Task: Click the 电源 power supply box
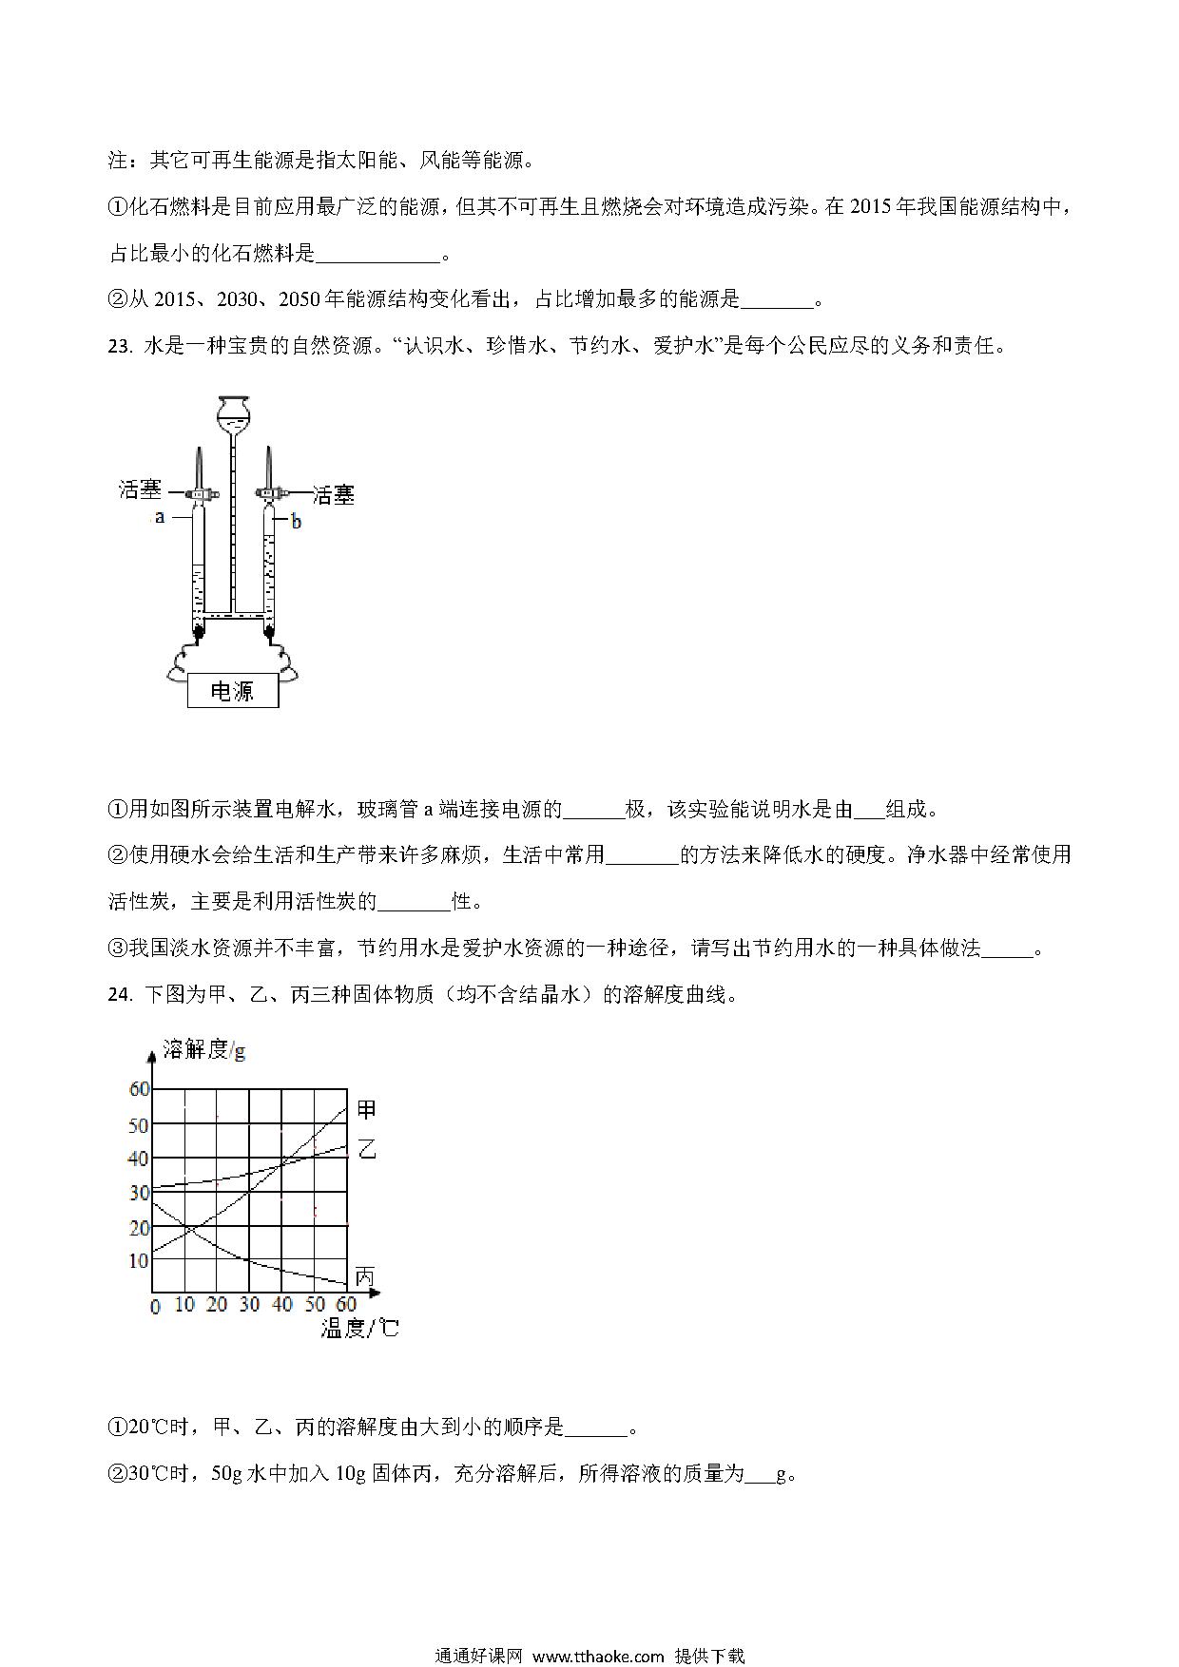click(x=233, y=691)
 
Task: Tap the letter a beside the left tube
click(x=160, y=517)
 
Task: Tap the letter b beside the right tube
click(x=296, y=522)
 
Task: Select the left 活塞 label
click(x=140, y=489)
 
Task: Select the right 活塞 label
click(x=333, y=494)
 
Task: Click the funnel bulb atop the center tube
click(x=233, y=412)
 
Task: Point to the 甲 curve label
click(x=366, y=1109)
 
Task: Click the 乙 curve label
click(x=366, y=1148)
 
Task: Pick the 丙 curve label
click(x=364, y=1275)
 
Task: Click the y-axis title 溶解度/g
click(x=204, y=1049)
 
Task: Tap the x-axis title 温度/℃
click(x=359, y=1328)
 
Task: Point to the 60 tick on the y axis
click(x=139, y=1089)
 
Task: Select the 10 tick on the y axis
click(x=139, y=1261)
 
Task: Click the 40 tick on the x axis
click(x=282, y=1305)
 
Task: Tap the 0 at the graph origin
click(x=156, y=1307)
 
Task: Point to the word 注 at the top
click(x=118, y=160)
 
